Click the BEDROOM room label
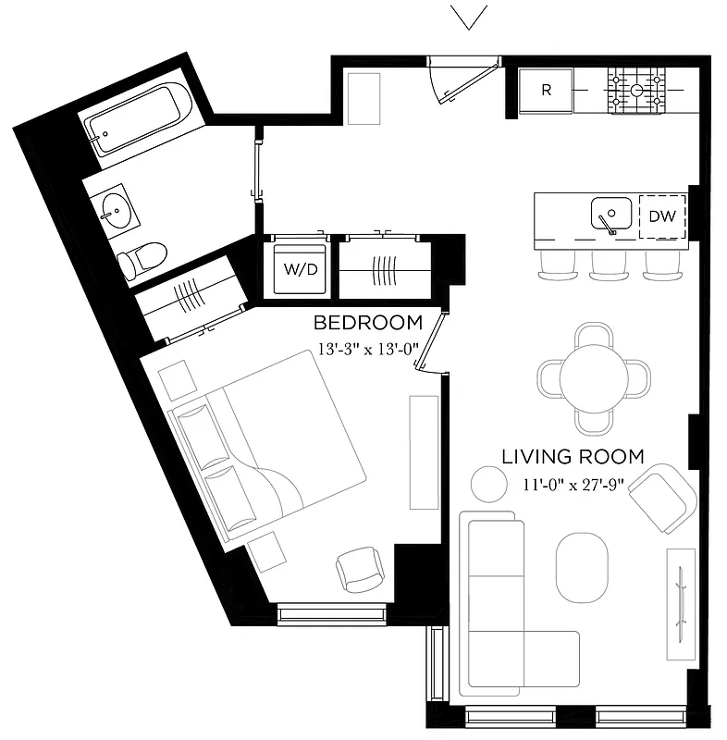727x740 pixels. pos(367,324)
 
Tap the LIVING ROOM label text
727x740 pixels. pos(573,456)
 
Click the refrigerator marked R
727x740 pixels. pos(546,91)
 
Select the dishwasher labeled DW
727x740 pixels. pos(661,216)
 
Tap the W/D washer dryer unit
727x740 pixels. pos(300,270)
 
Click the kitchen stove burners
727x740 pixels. pos(637,91)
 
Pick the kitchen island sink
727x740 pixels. pos(610,215)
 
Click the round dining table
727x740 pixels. pos(595,378)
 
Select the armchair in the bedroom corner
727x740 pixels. pos(360,568)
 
